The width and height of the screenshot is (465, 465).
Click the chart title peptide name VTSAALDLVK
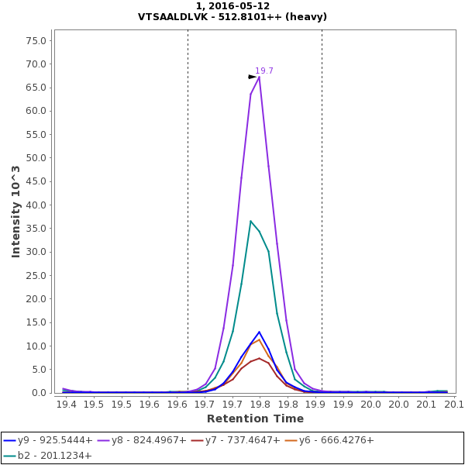point(170,17)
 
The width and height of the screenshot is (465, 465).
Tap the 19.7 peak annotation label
point(264,71)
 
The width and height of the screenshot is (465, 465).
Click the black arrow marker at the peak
point(252,77)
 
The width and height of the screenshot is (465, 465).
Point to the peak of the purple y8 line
point(259,76)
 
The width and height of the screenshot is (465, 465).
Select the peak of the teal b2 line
point(250,221)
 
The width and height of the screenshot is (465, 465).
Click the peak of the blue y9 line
point(260,332)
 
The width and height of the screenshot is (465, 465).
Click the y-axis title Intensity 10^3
point(15,211)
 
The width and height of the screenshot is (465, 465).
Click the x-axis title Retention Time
point(256,418)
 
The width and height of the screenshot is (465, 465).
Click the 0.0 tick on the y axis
point(40,393)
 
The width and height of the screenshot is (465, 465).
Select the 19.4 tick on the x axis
point(67,404)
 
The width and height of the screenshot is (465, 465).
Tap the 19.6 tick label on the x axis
point(177,404)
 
